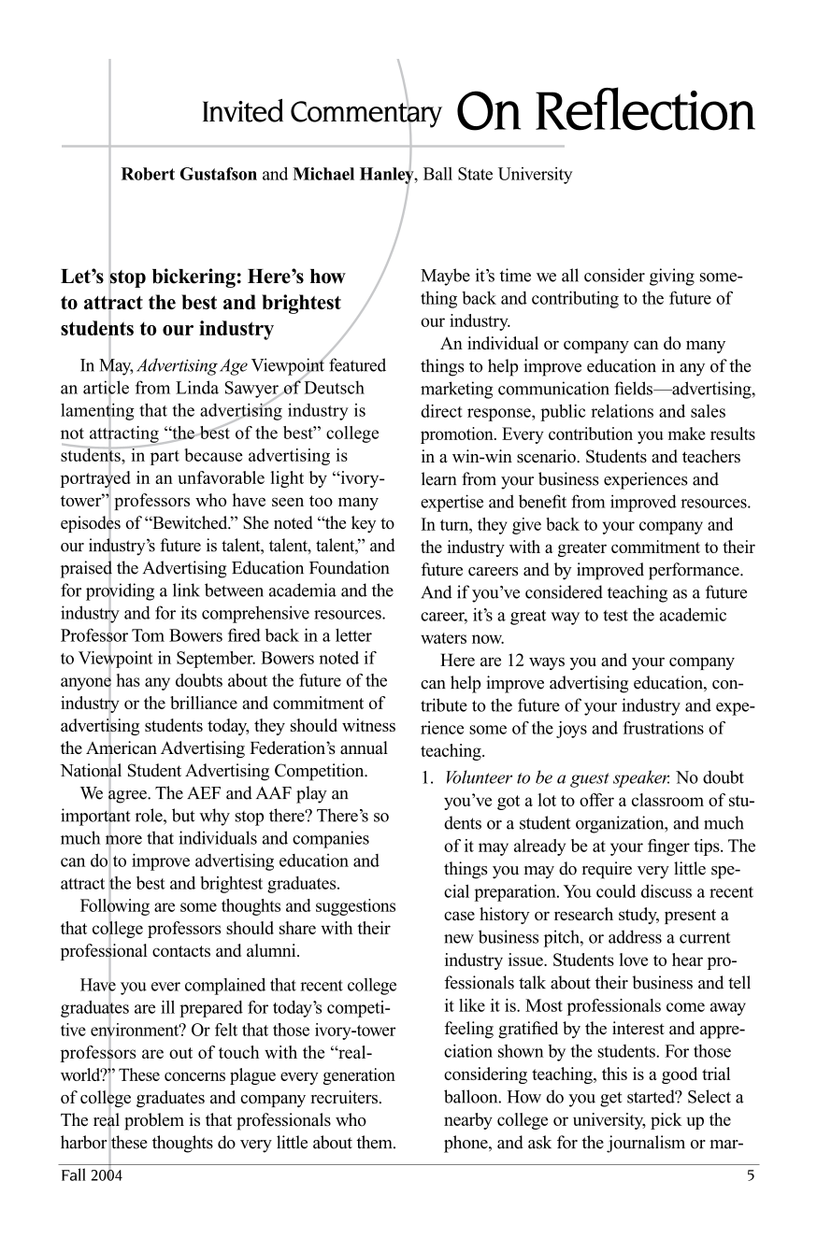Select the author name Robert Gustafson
coord(189,174)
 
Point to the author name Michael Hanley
coord(352,174)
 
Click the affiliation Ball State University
coord(497,174)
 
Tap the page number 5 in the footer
coord(750,1175)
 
